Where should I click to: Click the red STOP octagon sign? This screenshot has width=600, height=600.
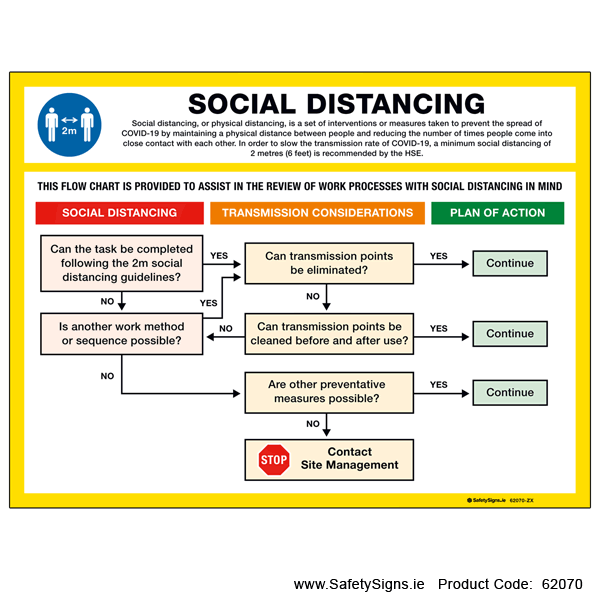pos(274,459)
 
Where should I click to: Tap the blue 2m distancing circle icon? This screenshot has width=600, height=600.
pos(70,125)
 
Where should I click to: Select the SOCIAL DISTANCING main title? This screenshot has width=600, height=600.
pos(336,103)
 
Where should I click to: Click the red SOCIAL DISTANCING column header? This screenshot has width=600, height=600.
pos(119,213)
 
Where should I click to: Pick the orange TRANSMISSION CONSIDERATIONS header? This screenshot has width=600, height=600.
pos(317,213)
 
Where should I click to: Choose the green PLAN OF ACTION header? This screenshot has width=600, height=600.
pos(497,213)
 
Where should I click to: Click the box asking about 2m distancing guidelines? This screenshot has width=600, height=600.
pos(122,263)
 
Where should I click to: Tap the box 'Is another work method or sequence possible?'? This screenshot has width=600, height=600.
pos(121,333)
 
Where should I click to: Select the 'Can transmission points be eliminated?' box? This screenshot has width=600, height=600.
pos(329,263)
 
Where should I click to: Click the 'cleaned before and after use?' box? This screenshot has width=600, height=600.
pos(329,333)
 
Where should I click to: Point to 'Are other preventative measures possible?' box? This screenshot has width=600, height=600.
pos(329,392)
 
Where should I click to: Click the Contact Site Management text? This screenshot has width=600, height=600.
pos(349,459)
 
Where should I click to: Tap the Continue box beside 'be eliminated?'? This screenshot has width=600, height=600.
pos(510,264)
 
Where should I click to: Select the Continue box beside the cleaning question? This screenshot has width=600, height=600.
pos(510,334)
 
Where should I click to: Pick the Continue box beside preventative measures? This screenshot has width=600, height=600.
pos(510,392)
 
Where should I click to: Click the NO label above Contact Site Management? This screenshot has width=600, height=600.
pos(313,424)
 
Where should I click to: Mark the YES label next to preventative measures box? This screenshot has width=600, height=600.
pos(438,384)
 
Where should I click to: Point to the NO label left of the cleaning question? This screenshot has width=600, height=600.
pos(226,328)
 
